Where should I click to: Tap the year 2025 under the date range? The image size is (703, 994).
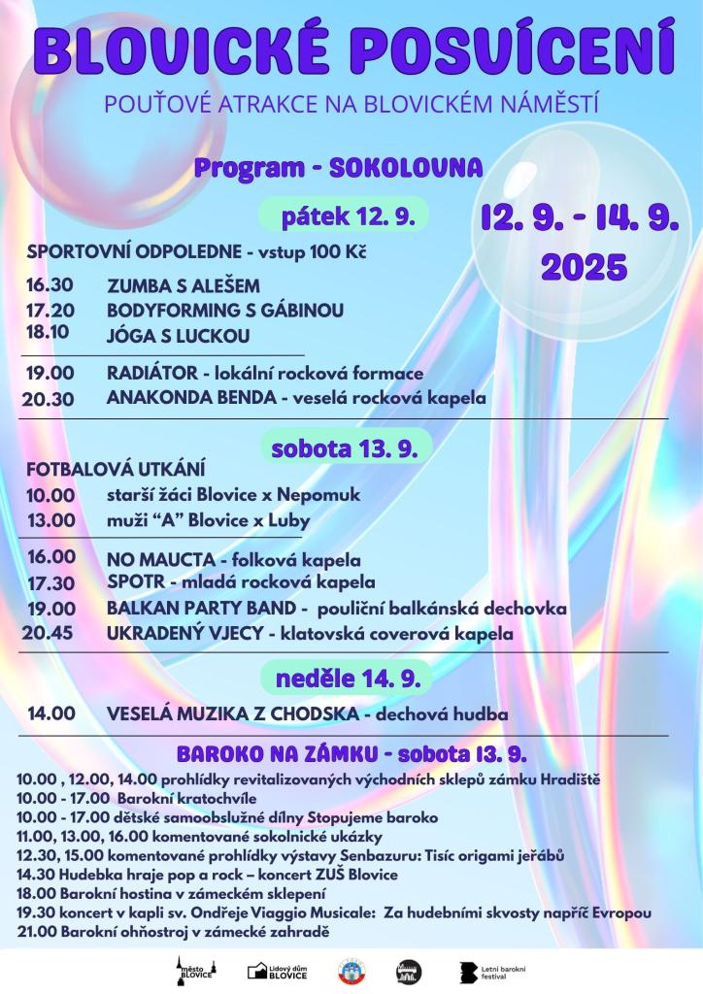coord(583,265)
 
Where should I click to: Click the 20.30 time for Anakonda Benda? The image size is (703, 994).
coord(48,398)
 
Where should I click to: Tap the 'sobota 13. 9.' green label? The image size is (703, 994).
coord(344,451)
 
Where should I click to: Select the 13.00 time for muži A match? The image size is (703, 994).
coord(50,520)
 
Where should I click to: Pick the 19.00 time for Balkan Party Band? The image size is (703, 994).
coord(51,609)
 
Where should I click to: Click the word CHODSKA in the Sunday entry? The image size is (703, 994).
coord(320,714)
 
